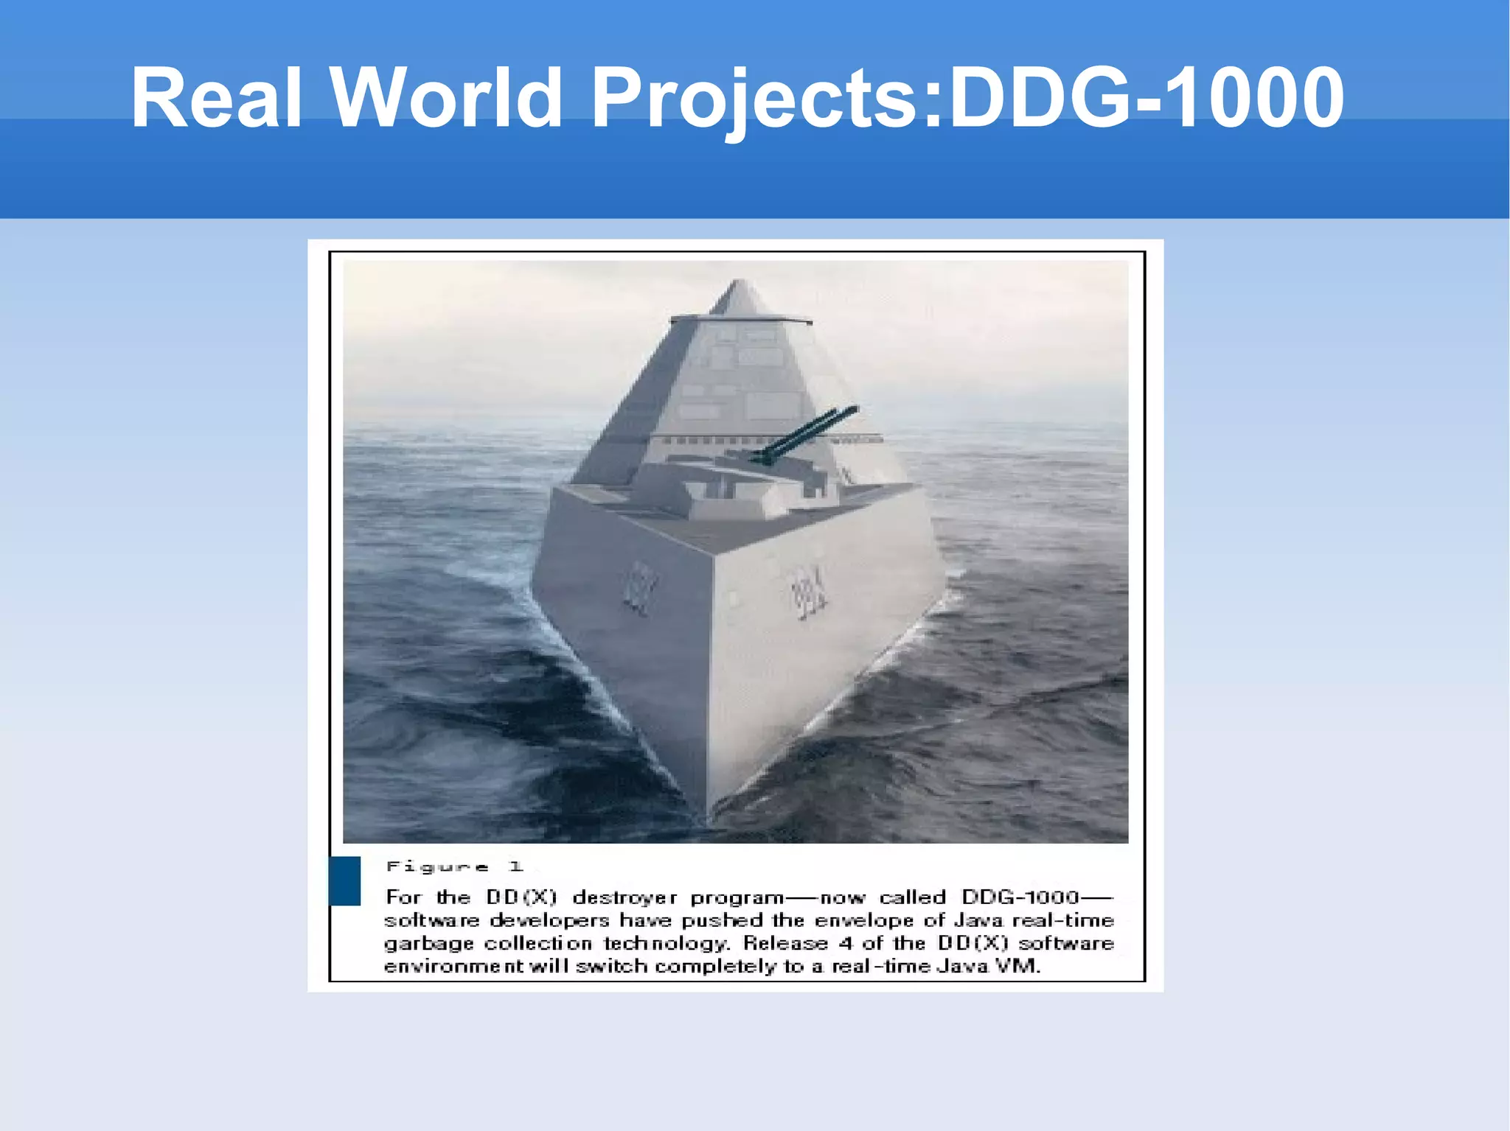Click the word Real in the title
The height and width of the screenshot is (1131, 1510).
pos(216,98)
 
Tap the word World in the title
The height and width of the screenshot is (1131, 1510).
pos(447,98)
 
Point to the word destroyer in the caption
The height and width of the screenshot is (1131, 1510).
pos(624,897)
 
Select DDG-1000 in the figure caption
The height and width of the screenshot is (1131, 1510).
pos(1020,897)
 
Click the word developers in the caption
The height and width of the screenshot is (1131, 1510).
pos(549,920)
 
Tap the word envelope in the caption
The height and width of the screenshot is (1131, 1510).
pos(863,920)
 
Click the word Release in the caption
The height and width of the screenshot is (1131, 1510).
pos(785,943)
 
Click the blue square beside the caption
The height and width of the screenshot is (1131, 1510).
pos(344,880)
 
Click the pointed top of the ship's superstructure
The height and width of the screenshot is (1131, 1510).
pos(739,283)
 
